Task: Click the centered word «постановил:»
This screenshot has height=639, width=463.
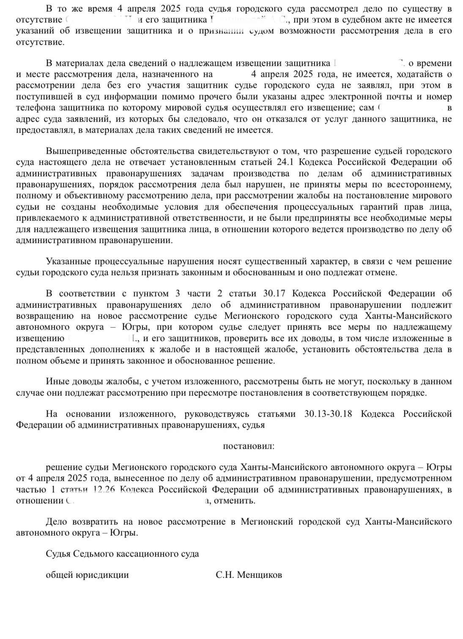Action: coord(248,446)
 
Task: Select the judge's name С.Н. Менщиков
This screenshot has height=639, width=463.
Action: coord(249,575)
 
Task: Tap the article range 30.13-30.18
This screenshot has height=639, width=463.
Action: coord(328,414)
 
